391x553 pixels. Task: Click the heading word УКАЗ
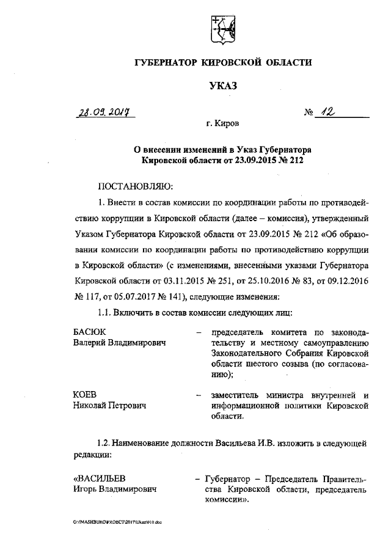click(222, 86)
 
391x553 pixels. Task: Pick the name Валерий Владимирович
click(120, 343)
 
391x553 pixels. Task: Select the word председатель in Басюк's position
click(240, 332)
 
